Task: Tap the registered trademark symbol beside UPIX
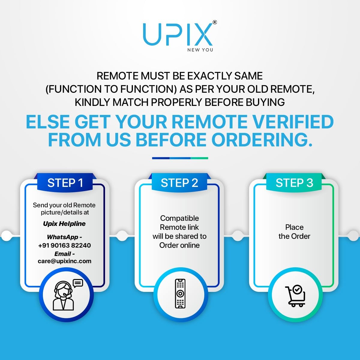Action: (x=215, y=22)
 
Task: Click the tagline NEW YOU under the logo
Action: (x=200, y=50)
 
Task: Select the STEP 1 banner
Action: (x=65, y=182)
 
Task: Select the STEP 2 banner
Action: (x=179, y=182)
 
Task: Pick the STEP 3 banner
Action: (x=294, y=182)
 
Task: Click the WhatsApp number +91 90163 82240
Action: (x=64, y=245)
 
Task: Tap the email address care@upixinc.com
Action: (x=64, y=261)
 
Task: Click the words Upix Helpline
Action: (x=64, y=223)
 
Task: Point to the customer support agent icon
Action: (x=63, y=296)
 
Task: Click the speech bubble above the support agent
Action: (x=78, y=283)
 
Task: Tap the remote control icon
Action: (x=180, y=293)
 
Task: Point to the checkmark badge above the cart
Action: (x=297, y=289)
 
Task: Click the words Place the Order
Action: (x=294, y=232)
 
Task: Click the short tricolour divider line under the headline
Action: (x=180, y=158)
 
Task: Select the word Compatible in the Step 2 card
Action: (x=179, y=218)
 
